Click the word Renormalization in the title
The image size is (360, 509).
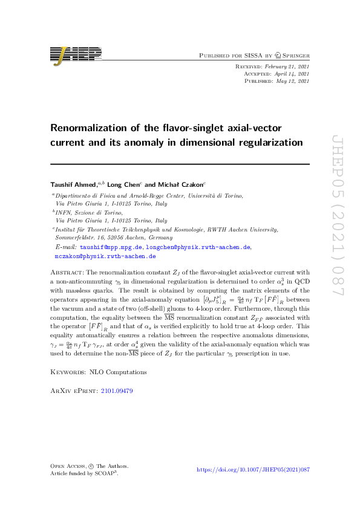click(x=89, y=128)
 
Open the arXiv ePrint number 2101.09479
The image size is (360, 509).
click(x=118, y=391)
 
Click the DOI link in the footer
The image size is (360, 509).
click(x=254, y=470)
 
